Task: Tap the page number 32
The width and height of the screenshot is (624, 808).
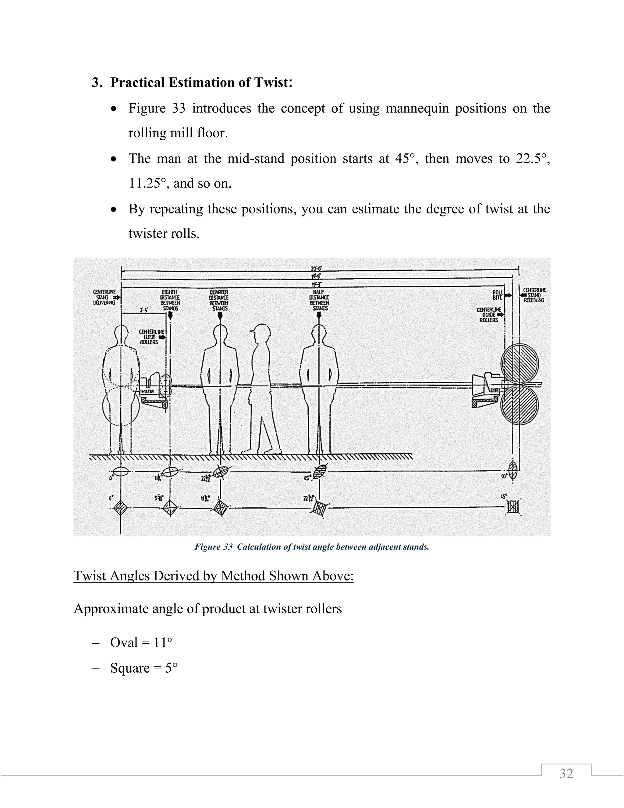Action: point(566,773)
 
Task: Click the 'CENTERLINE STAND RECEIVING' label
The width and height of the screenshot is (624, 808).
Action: point(534,295)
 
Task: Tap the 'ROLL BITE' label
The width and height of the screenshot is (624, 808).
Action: point(498,295)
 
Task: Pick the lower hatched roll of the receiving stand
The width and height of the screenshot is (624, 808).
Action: point(519,404)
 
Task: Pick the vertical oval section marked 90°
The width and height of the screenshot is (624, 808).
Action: point(513,472)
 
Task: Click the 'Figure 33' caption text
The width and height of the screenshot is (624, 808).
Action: point(312,547)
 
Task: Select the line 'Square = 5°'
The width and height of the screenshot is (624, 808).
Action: point(144,668)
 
